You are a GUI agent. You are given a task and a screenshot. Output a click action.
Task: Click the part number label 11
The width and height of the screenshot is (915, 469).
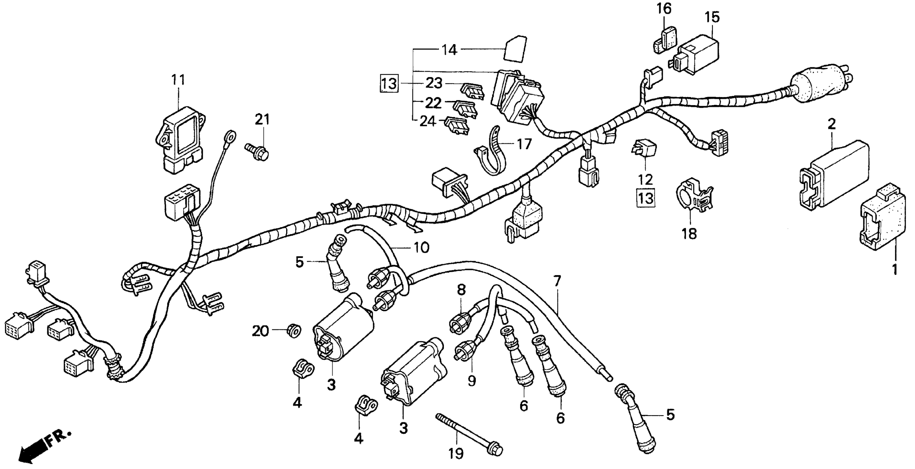(x=178, y=80)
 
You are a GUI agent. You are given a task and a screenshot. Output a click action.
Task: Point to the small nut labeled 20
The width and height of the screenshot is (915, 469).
(x=293, y=331)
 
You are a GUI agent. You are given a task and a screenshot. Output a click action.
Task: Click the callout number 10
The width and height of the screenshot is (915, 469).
(x=421, y=247)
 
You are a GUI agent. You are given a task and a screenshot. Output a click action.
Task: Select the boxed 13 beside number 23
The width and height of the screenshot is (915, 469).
(x=389, y=84)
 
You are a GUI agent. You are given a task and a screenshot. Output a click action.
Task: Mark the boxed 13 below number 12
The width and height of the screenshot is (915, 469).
(x=646, y=198)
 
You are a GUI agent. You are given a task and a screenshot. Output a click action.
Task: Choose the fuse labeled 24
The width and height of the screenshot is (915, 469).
(x=457, y=126)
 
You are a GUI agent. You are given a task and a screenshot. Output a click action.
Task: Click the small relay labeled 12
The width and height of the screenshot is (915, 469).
(x=644, y=151)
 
